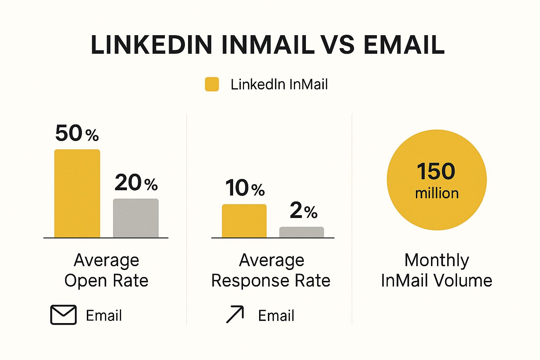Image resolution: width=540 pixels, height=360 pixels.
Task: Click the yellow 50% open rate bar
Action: pos(77,193)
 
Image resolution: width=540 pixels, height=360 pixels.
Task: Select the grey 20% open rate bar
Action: pos(136,218)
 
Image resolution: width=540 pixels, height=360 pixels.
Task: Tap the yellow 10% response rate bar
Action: pos(244,221)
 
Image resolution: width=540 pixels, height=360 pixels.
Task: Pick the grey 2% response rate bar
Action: pos(302,232)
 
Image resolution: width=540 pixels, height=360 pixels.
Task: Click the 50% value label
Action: pos(77,133)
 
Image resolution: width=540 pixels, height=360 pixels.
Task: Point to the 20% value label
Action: pos(136,182)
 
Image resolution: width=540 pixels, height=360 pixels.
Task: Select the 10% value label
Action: pos(245,188)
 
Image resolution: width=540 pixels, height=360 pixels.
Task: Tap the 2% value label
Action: pos(303,210)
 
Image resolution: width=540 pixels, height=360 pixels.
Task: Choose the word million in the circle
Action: pos(437,193)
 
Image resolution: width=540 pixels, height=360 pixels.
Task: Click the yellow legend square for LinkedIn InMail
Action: pos(212,84)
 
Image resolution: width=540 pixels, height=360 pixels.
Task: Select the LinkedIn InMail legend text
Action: pos(279,84)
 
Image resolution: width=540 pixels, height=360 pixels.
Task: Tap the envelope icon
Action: pos(63,315)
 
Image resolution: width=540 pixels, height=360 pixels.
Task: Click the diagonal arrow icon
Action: pos(235,314)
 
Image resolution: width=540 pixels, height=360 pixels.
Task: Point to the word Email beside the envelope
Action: pos(104,315)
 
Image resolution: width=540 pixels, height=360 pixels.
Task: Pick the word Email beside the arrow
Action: pos(276,316)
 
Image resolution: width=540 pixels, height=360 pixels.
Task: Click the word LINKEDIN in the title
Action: pos(152,45)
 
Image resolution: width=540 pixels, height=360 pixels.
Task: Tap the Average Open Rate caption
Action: pos(106,270)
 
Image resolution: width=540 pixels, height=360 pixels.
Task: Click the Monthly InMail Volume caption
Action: pos(437,270)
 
